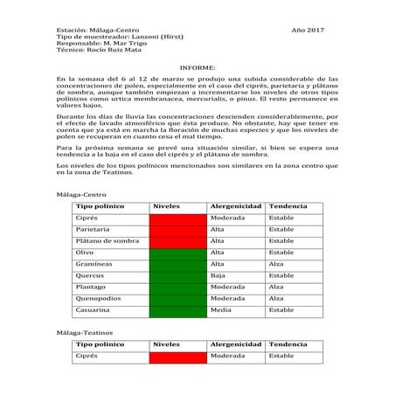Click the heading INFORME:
click(197, 66)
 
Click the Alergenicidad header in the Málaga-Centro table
click(236, 206)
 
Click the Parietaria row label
click(93, 229)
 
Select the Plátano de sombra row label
click(107, 240)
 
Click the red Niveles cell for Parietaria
click(177, 229)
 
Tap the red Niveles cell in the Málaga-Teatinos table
click(177, 357)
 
